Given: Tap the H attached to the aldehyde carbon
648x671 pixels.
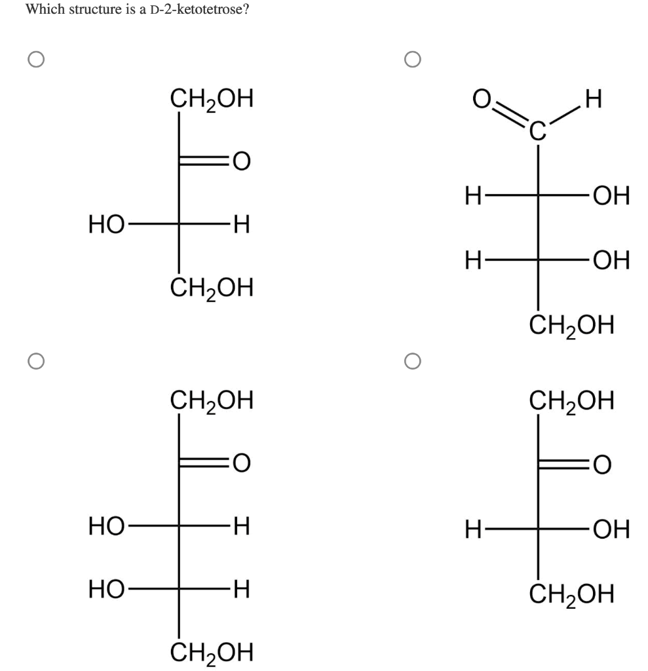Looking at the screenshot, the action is (594, 100).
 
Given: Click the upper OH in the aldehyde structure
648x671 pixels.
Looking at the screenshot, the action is (609, 196).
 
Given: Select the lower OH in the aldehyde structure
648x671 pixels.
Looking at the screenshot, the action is (609, 261).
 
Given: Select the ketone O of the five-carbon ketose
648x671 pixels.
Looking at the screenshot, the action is (240, 463).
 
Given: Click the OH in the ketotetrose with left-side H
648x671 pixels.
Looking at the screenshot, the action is (609, 529).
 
